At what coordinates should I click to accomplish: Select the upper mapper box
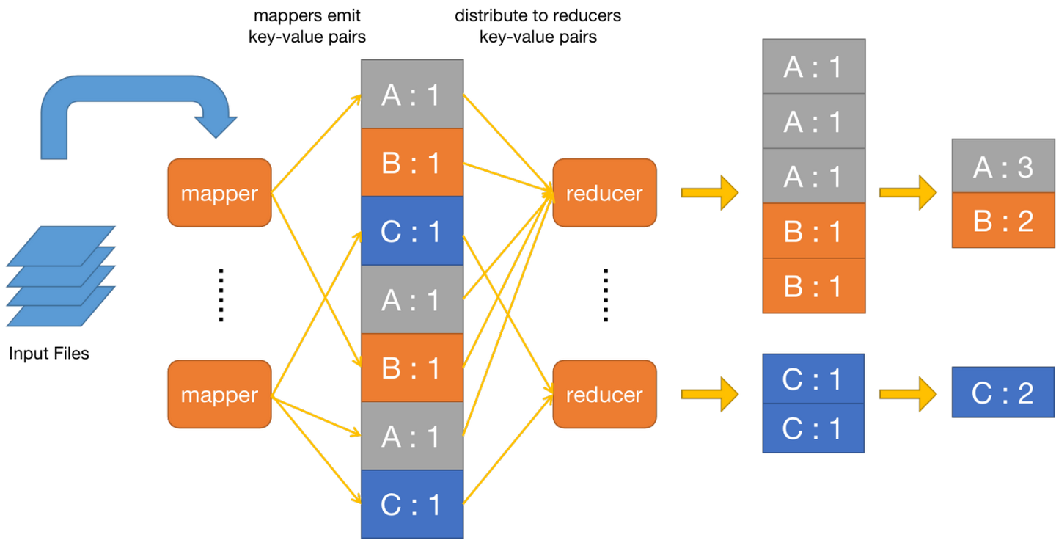tap(219, 193)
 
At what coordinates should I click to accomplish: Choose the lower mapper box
tap(219, 394)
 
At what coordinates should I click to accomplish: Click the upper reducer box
tap(604, 193)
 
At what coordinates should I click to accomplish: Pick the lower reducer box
tap(604, 394)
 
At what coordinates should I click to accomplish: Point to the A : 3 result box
tap(1002, 167)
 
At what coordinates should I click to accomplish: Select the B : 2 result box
tap(1002, 221)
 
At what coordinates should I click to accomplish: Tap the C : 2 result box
tap(1002, 393)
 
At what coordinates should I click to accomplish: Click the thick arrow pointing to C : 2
tap(908, 394)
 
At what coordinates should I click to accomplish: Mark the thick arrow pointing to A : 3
tap(908, 193)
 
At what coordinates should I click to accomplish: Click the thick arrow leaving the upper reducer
tap(710, 193)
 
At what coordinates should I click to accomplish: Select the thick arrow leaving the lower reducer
tap(710, 394)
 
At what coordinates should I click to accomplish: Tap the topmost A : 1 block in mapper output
tap(411, 94)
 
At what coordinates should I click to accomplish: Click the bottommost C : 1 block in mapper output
tap(411, 505)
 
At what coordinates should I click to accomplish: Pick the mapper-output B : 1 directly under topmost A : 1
tap(411, 162)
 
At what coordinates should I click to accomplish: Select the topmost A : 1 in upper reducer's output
tap(813, 67)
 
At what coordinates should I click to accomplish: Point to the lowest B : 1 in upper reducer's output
tap(813, 286)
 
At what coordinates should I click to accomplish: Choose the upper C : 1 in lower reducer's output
tap(813, 379)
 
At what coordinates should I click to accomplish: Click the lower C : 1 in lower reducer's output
tap(813, 428)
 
